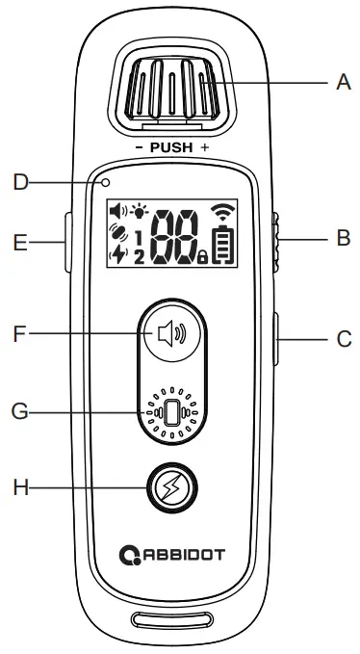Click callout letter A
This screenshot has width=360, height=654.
point(344,83)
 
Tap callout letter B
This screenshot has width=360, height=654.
point(344,239)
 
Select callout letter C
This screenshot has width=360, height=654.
point(344,339)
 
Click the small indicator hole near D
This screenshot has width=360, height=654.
point(108,181)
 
